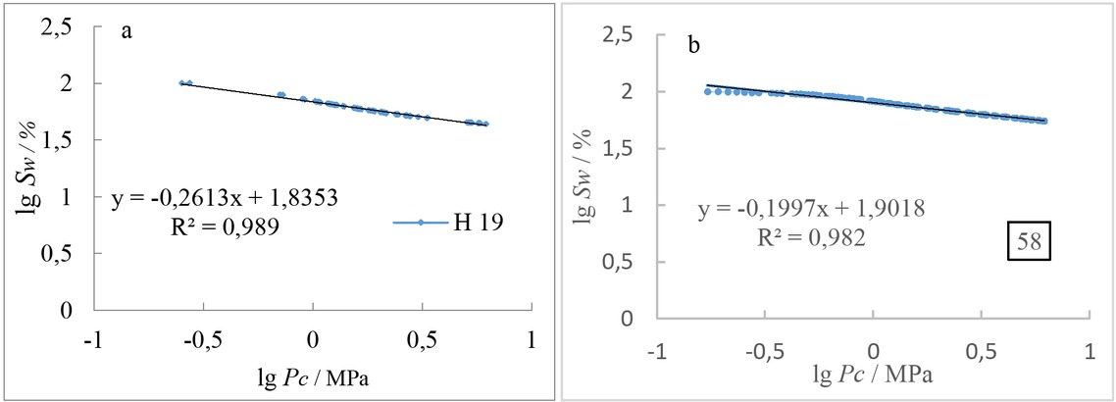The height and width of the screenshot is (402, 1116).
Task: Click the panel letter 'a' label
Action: coord(127,31)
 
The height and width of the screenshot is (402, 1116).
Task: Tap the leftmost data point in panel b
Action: coord(707,91)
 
